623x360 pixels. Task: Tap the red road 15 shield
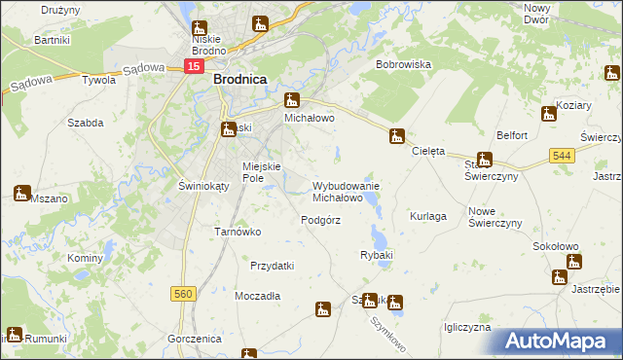pos(194,66)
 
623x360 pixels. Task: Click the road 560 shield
pos(181,292)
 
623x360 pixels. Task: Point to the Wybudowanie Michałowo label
pos(346,191)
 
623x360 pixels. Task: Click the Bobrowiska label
pos(404,64)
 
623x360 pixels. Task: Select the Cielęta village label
pos(428,152)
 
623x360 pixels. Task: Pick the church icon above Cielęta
pos(396,136)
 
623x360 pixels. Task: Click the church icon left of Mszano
pos(22,193)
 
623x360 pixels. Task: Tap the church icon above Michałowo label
pos(291,100)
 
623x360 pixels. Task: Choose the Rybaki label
pos(376,255)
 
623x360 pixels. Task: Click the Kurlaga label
pos(428,216)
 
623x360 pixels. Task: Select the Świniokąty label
pos(176,186)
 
